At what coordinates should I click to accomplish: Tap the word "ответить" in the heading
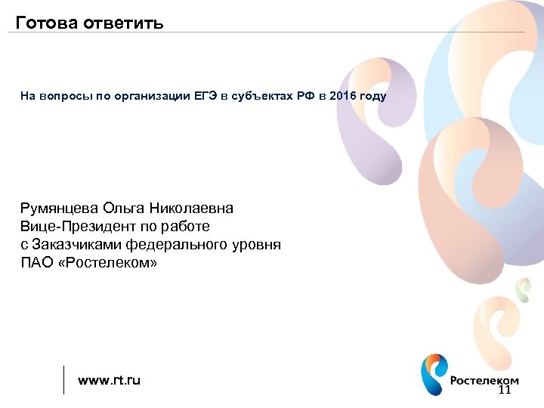tap(123, 22)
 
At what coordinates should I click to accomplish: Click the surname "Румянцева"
tap(59, 208)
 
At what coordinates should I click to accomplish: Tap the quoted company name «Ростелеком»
tap(107, 263)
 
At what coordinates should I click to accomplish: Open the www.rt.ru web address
tap(110, 380)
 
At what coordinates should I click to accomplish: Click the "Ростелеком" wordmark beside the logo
tap(484, 381)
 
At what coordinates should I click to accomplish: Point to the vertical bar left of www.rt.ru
tap(64, 380)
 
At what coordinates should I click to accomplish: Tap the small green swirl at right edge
tap(522, 288)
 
